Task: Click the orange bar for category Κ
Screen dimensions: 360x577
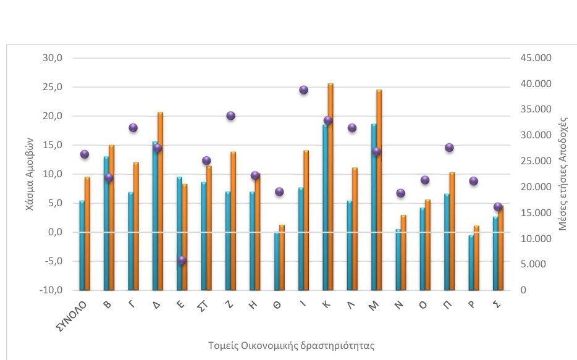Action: click(x=331, y=185)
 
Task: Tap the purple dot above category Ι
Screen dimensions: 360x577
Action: click(x=303, y=90)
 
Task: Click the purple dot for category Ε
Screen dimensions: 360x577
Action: click(x=182, y=261)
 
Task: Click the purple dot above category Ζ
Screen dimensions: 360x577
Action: click(x=231, y=115)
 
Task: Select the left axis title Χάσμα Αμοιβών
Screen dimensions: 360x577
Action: click(x=30, y=174)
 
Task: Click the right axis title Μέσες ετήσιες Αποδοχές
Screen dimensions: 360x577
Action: click(x=563, y=175)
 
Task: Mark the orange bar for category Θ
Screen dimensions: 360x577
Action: click(x=282, y=257)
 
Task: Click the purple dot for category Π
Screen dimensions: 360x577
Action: click(x=449, y=148)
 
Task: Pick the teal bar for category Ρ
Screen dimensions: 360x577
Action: click(x=471, y=262)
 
